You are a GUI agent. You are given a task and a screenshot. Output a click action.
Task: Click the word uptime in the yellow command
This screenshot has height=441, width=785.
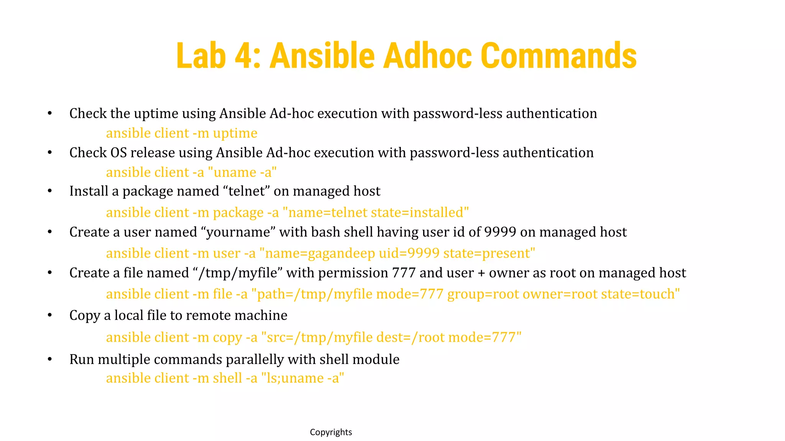pos(235,133)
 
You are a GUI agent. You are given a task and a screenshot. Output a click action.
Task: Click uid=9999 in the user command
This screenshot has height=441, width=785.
pos(409,253)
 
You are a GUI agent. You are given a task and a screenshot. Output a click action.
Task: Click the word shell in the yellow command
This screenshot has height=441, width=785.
pos(227,378)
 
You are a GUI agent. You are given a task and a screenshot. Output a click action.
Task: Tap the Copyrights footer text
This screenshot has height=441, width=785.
pos(331,432)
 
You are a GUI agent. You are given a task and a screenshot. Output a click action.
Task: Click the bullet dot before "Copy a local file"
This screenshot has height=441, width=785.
pos(49,315)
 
